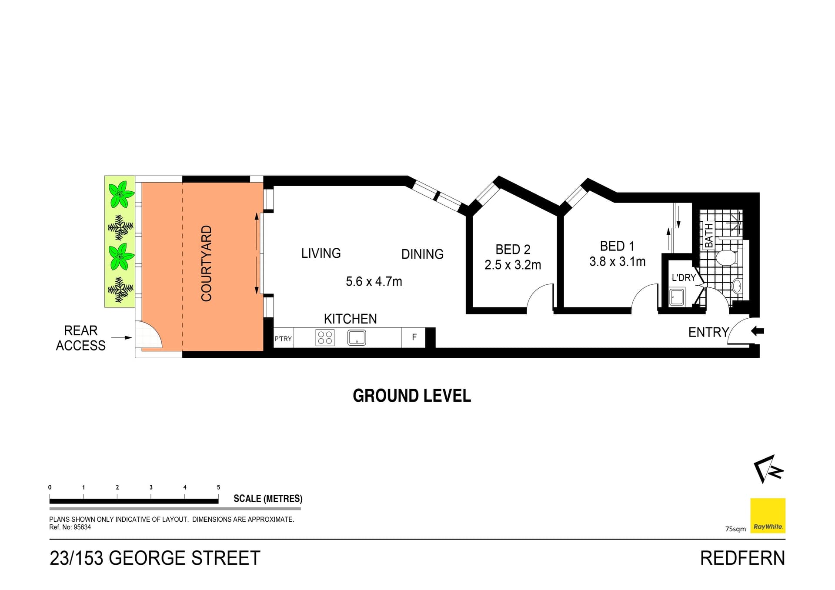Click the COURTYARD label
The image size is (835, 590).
206,263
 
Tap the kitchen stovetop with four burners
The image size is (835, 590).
325,338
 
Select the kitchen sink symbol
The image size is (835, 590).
357,338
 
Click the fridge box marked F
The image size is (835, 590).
414,337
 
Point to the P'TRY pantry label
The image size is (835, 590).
283,339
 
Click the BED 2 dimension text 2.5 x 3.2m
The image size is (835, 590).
513,265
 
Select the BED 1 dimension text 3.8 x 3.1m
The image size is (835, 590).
617,261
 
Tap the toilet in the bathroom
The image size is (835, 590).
725,258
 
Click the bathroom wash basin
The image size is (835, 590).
737,286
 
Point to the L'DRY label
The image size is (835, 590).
684,277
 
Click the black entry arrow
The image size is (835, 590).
757,331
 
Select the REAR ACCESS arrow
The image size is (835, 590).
122,337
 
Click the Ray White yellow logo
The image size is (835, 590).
768,516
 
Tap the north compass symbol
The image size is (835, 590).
768,469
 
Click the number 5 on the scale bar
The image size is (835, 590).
218,487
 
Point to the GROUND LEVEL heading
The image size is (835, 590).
412,396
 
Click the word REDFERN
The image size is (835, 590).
742,558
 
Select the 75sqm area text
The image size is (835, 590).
735,529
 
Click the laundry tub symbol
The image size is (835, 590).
677,298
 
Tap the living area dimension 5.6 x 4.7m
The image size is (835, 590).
374,282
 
